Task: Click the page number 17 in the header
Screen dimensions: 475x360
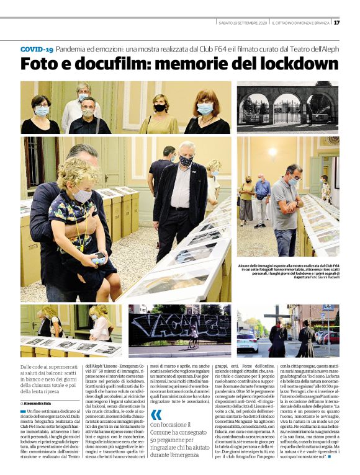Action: point(336,23)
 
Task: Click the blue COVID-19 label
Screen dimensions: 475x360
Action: point(37,48)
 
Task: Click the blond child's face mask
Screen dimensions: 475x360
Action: point(81,195)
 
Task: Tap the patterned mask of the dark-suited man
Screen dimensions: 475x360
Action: point(186,161)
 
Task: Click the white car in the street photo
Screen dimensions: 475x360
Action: point(248,342)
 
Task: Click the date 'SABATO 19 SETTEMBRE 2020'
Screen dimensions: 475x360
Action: point(242,23)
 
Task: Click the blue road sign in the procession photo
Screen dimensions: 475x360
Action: point(328,308)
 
